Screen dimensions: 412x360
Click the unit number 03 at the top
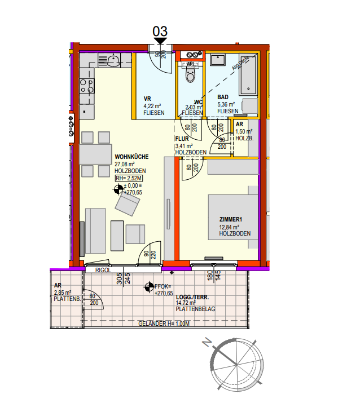pos(160,31)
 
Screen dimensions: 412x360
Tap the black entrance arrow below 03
pos(160,41)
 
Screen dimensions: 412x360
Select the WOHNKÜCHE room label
pos(131,157)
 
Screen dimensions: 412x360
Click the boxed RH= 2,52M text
pos(129,179)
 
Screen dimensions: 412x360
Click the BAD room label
pos(223,97)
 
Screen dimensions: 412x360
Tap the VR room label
pos(147,98)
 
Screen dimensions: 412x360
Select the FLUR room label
pos(181,138)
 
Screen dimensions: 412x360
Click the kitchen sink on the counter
pos(112,60)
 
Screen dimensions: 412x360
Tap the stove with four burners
pos(87,86)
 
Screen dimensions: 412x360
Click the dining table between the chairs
pos(95,154)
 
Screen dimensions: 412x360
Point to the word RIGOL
pos(102,270)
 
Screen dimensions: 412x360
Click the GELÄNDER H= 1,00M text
pos(163,324)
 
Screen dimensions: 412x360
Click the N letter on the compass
pos(208,342)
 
